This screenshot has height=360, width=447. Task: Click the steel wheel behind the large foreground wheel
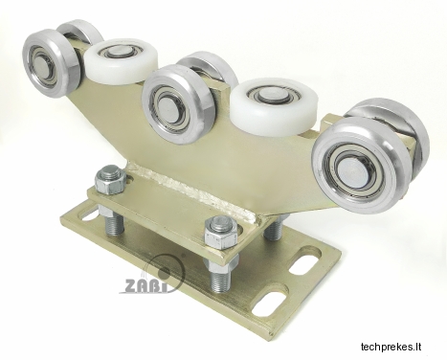tap(399, 127)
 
